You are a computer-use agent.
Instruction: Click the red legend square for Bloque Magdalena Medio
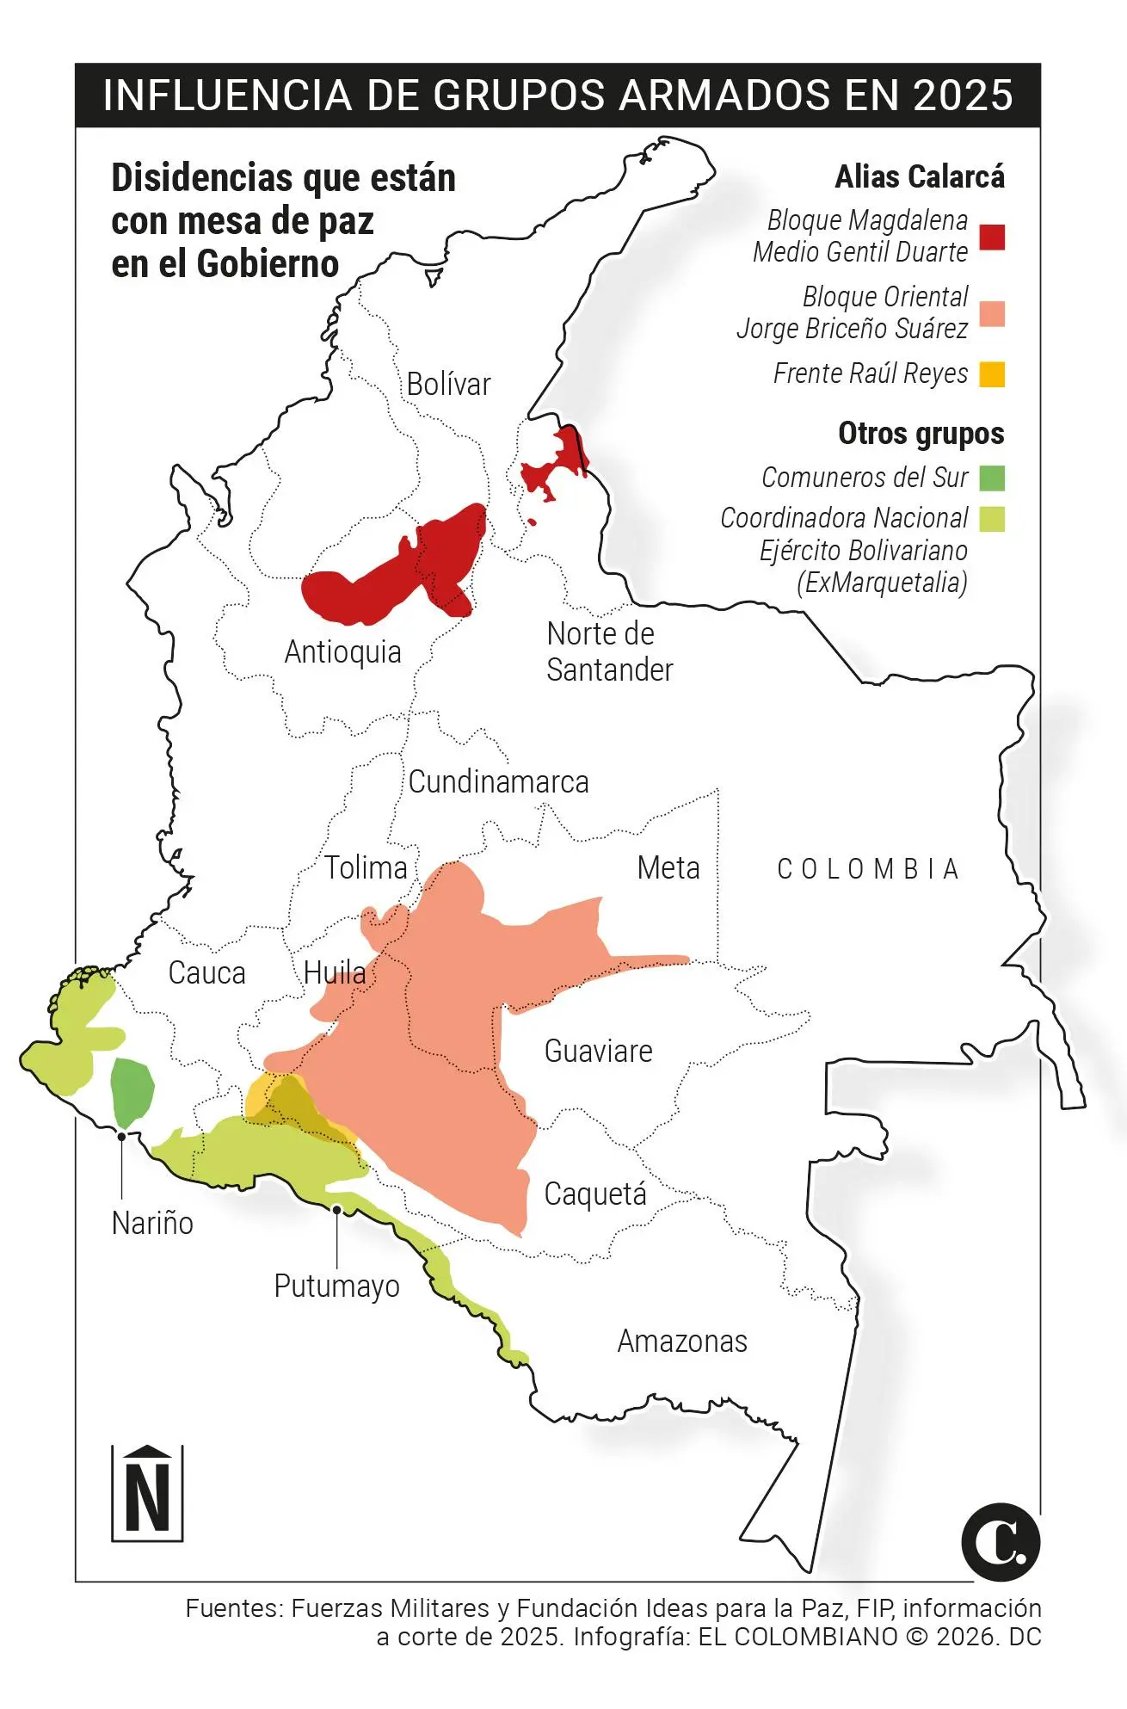click(992, 237)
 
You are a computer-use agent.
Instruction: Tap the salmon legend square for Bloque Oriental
click(992, 314)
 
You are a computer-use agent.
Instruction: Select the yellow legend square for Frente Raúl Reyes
click(992, 374)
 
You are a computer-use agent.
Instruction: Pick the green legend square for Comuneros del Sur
click(992, 478)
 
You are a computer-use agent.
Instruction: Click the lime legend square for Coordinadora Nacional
click(992, 519)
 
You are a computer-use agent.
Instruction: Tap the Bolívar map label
click(448, 384)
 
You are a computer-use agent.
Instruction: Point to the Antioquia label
click(342, 652)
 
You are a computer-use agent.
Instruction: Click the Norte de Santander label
click(609, 651)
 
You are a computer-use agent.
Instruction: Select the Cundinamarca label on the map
click(498, 782)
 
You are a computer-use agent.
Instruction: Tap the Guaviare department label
click(598, 1051)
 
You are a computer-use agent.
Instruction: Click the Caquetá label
click(594, 1194)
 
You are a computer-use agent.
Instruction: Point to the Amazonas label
click(682, 1341)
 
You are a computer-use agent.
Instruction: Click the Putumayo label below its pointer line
click(336, 1286)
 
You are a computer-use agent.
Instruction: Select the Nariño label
click(152, 1223)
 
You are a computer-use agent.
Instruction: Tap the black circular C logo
click(1000, 1542)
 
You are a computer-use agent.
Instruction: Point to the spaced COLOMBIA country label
click(867, 869)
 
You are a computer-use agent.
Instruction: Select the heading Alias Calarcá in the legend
click(919, 176)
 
